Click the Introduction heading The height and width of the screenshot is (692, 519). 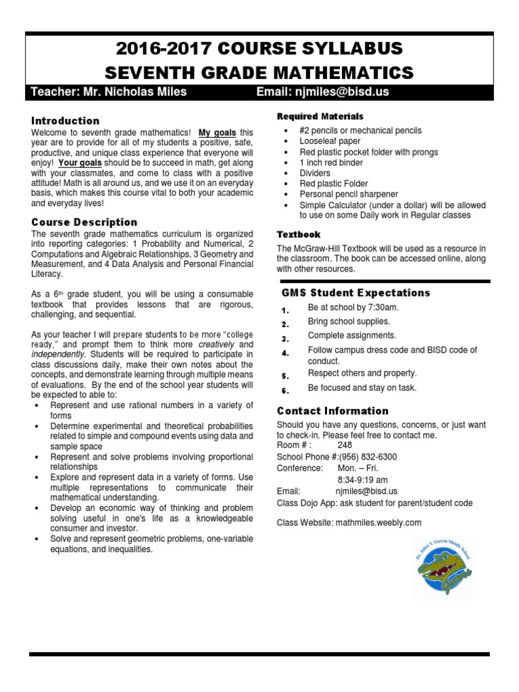[65, 120]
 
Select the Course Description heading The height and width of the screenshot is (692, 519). [84, 222]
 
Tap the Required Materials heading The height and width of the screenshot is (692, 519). [320, 116]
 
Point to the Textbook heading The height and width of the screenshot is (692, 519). [299, 234]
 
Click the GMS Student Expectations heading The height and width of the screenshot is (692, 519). [355, 293]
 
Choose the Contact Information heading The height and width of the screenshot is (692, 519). [332, 411]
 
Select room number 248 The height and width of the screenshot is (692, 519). [345, 446]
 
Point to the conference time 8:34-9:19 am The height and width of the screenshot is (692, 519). [363, 479]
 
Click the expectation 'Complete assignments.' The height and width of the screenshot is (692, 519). [352, 335]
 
